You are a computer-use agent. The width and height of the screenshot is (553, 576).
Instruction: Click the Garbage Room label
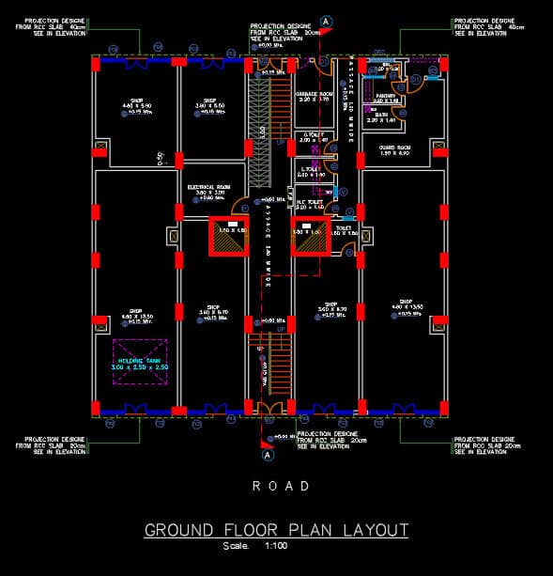(315, 95)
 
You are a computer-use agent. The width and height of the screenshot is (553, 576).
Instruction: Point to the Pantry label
(385, 96)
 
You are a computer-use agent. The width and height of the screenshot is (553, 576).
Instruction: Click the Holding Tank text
(139, 360)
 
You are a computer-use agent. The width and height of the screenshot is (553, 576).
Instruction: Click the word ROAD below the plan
(281, 486)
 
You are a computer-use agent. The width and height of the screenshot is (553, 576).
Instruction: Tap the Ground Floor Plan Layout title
(276, 530)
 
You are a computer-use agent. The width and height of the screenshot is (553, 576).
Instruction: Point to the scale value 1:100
(278, 546)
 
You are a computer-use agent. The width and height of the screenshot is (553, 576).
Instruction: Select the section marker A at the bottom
(268, 455)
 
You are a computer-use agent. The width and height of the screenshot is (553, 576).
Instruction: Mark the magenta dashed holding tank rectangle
(140, 362)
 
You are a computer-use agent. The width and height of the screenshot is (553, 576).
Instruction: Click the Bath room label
(382, 116)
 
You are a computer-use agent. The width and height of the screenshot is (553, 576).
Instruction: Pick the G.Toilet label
(313, 135)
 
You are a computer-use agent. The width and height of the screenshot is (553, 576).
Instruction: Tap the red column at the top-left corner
(96, 62)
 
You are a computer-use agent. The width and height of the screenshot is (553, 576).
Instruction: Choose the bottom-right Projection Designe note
(484, 445)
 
